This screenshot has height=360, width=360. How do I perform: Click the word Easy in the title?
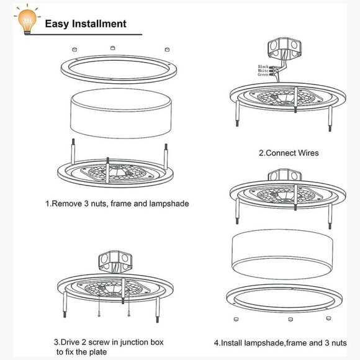click(57, 24)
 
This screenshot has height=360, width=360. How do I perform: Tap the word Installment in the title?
click(99, 24)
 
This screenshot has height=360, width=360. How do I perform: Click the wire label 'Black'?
click(263, 66)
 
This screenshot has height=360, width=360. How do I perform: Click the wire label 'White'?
click(263, 71)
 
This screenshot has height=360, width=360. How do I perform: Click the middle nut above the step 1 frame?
click(112, 47)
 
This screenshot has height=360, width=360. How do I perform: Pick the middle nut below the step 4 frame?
click(288, 320)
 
